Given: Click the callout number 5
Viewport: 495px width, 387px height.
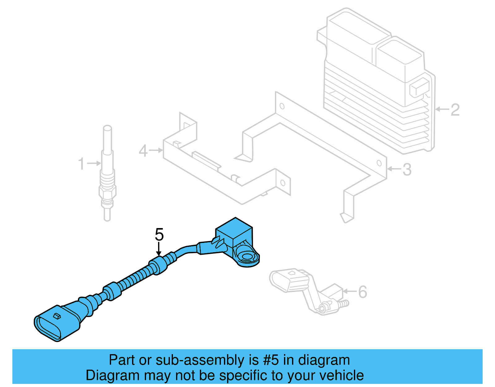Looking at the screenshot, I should (x=159, y=235).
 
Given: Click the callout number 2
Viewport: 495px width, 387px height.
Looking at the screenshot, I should (x=455, y=110).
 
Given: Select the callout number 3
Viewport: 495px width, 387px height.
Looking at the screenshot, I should (x=407, y=169).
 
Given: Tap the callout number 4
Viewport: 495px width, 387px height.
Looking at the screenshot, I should (x=143, y=151).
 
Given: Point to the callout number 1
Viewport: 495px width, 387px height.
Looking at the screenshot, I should (x=81, y=164).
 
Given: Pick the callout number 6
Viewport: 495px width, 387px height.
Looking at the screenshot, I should (x=362, y=292).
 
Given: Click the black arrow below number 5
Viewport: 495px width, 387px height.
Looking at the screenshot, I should (x=159, y=249).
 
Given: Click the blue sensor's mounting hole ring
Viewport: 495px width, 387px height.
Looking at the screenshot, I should (x=247, y=257).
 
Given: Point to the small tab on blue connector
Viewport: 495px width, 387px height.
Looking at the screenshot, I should (x=57, y=316).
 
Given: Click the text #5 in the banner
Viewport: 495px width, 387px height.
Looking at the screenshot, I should (x=271, y=360).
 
